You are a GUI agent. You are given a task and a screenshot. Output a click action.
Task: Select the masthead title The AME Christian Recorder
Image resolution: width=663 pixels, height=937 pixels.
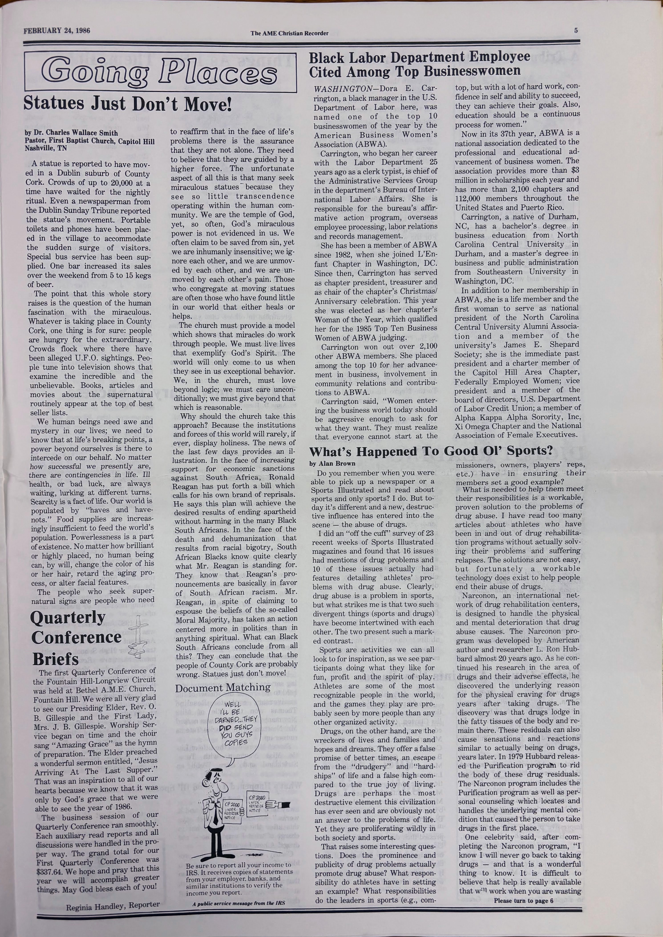289,33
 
